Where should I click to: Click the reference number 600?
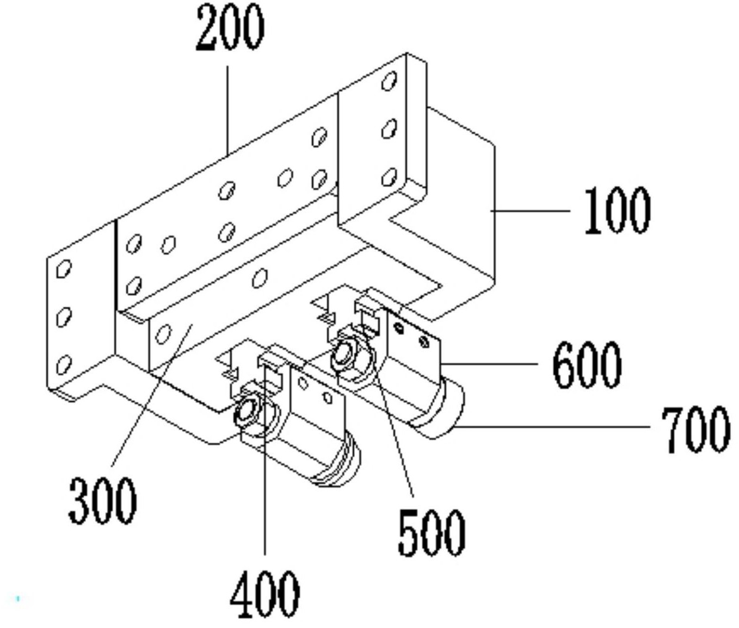tap(587, 365)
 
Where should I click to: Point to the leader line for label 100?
tap(530, 211)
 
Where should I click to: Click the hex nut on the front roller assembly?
tap(247, 413)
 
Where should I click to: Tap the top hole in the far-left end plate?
tap(64, 269)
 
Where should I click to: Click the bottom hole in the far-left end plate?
tap(64, 365)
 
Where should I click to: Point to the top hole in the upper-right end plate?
tap(389, 80)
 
